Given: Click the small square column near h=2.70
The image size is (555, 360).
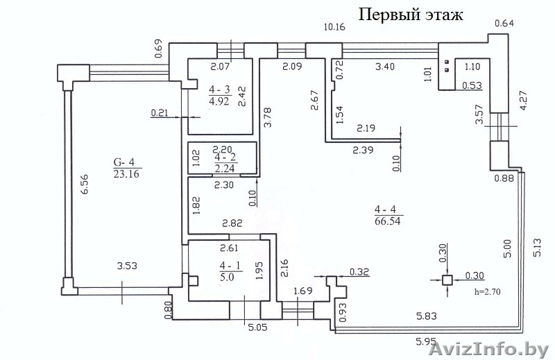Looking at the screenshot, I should (x=447, y=280).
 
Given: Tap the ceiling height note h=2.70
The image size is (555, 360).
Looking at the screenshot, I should (x=486, y=292).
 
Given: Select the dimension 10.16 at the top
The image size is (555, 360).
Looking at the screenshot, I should (x=336, y=27).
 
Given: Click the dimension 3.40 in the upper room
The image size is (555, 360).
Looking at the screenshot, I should (x=385, y=68).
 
